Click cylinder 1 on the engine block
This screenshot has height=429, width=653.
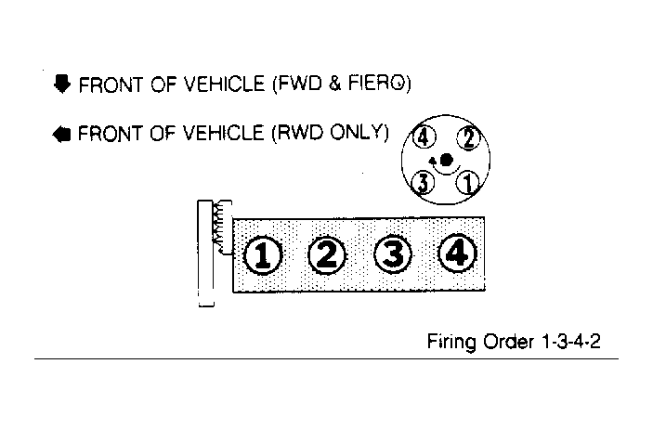262,255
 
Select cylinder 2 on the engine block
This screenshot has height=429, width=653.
327,254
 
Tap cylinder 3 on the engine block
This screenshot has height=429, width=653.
393,254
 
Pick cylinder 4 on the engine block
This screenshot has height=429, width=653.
458,253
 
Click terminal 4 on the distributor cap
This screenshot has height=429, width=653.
424,137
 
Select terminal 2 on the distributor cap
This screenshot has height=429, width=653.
468,137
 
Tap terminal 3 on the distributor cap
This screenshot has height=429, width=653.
423,183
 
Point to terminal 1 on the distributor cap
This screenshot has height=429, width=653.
467,183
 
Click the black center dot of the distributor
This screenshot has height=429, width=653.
446,160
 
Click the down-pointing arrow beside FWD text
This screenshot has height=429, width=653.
62,84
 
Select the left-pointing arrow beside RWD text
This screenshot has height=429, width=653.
61,135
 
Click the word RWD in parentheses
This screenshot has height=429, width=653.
299,133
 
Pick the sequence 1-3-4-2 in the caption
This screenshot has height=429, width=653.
571,342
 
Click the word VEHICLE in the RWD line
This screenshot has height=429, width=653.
224,134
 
